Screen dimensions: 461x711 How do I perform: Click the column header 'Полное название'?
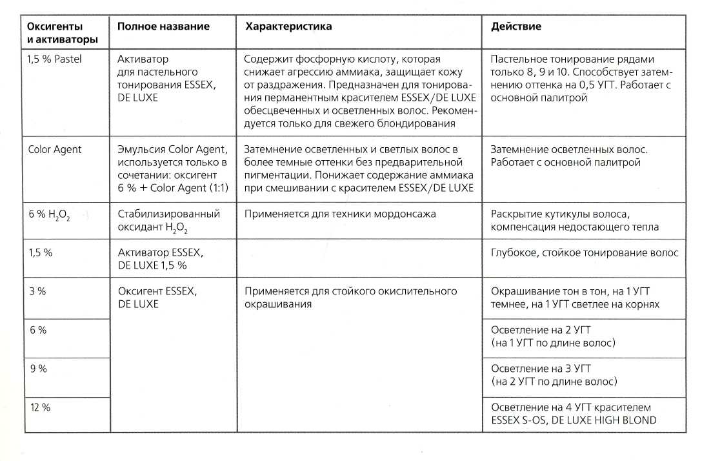(x=163, y=26)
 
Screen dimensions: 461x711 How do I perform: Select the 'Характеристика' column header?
(x=288, y=26)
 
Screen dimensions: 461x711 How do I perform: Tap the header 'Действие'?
(x=516, y=26)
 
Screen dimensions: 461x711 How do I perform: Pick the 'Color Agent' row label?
(x=55, y=149)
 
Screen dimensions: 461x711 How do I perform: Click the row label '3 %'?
(x=37, y=291)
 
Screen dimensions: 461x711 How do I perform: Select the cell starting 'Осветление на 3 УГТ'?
(x=553, y=374)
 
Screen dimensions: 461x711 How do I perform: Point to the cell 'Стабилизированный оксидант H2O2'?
(x=168, y=220)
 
